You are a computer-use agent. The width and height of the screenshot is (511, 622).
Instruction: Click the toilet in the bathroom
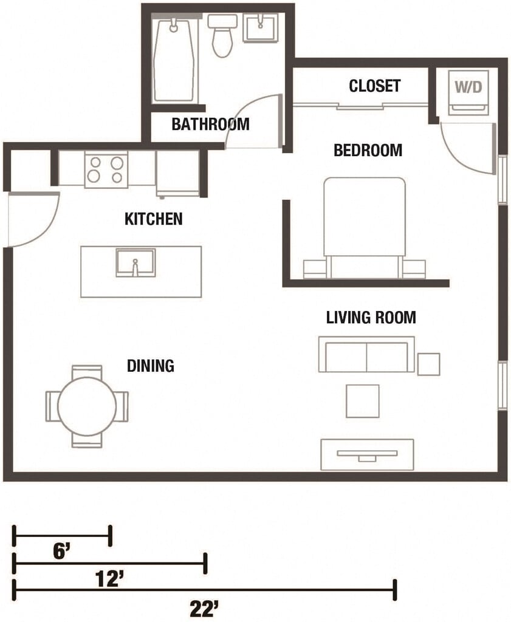click(222, 36)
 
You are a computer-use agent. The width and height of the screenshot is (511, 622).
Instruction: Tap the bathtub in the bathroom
click(174, 60)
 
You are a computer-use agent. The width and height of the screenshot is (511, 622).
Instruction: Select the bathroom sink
click(260, 28)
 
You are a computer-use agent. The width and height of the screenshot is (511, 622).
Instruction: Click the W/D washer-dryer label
click(468, 86)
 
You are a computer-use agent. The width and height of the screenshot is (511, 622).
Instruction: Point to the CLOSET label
click(374, 86)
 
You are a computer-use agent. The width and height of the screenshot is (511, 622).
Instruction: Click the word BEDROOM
click(368, 151)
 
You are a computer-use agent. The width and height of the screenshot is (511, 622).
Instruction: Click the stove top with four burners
click(106, 169)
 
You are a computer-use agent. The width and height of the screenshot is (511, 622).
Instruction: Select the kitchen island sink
click(135, 262)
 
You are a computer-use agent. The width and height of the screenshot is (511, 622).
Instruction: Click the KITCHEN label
click(154, 219)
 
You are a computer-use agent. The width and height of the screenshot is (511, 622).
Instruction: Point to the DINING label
click(150, 366)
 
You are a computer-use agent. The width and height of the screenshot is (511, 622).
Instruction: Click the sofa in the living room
click(366, 354)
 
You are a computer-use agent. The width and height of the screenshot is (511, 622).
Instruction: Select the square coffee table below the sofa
click(363, 401)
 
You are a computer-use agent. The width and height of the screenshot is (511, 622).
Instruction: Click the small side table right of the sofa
click(428, 364)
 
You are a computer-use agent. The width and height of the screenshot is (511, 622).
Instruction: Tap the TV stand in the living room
click(367, 454)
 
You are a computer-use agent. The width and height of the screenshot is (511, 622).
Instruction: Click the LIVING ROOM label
click(371, 317)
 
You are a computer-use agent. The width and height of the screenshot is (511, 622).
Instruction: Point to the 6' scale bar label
click(61, 552)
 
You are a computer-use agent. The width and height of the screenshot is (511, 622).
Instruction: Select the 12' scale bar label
click(110, 580)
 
